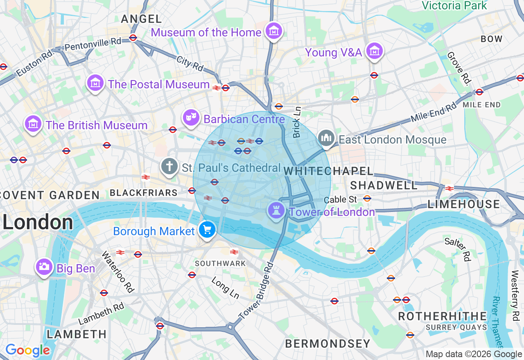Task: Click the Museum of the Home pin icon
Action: pos(273,31)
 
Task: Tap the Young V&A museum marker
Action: pos(375,51)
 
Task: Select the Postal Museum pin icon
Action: pos(95,83)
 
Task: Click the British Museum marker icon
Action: pos(33,124)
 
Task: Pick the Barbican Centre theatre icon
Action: pos(191,118)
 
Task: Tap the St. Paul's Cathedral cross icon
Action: pos(169,166)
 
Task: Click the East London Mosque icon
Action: pos(326,138)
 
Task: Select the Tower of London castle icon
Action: pos(276,211)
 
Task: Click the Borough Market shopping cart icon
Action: pos(207,230)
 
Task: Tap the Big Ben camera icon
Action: pos(44,267)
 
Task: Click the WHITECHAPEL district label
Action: pos(328,171)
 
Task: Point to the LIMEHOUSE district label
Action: pos(464,204)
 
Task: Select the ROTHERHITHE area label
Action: pos(443,316)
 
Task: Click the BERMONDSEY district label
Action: pos(327,344)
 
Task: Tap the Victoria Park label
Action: pos(454,5)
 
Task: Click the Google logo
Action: pos(27,351)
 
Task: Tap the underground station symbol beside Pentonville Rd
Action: pos(133,38)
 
